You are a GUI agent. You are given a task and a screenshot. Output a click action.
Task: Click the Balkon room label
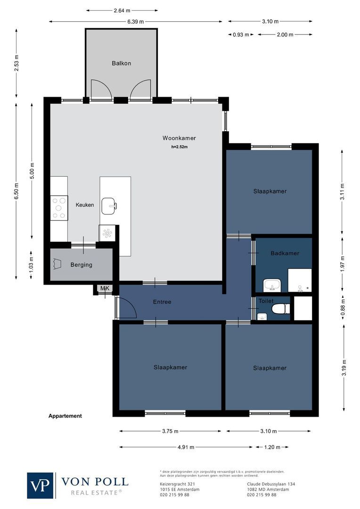point(121,63)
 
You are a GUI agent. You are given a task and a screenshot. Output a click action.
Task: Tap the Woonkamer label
point(179,138)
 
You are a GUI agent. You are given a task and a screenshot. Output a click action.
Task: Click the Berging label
point(81,265)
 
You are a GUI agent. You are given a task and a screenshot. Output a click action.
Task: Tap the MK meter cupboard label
point(104,288)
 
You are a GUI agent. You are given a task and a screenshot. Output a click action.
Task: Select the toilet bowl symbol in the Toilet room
point(279,309)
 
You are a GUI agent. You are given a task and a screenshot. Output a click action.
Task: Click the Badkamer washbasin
point(272,285)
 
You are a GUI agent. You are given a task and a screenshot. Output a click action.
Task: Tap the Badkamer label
point(285,254)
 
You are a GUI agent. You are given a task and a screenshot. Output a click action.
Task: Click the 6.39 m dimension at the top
point(135,21)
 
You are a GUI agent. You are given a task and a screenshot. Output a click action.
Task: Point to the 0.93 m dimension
point(241,34)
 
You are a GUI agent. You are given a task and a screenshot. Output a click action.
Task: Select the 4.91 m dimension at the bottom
point(185,447)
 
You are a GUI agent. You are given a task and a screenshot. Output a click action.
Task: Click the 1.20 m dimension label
point(272,447)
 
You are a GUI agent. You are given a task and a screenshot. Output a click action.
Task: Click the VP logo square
point(41,485)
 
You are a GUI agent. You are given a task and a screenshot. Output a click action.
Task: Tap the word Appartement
point(65,416)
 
